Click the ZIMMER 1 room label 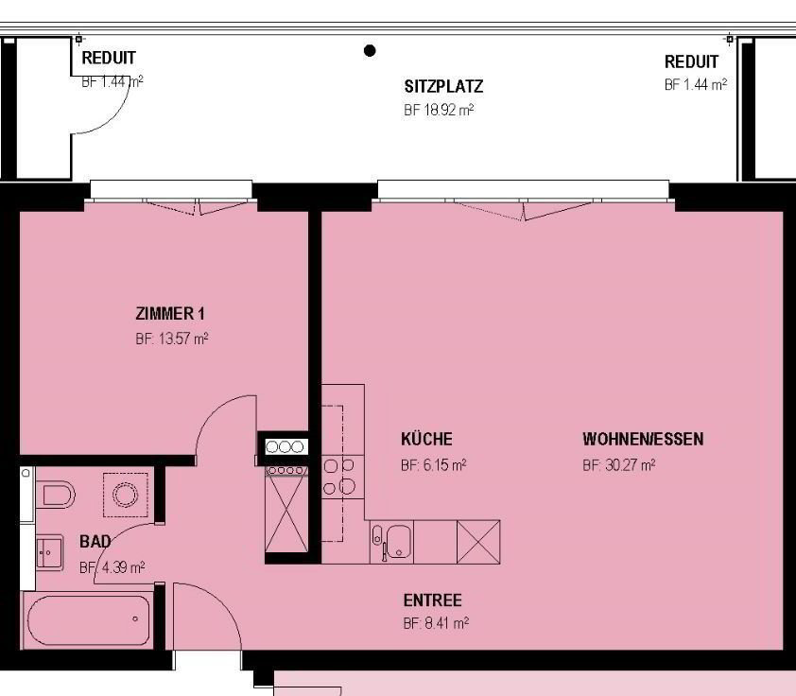coord(170,314)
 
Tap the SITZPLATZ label coord(443,86)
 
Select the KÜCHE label coord(426,439)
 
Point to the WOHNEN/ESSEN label coord(643,439)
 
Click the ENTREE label coord(433,600)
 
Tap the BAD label coord(95,542)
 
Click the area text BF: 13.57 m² coord(172,339)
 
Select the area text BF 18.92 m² coord(439,110)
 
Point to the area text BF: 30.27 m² coord(619,465)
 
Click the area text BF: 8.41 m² coord(436,623)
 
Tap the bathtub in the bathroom coord(89,620)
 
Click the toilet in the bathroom coord(56,495)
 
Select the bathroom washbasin coord(49,552)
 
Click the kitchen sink coord(398,542)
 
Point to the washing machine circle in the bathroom coord(126,495)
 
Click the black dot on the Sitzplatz coord(370,51)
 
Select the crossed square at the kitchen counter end coord(478,542)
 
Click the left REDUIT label coord(109,58)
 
